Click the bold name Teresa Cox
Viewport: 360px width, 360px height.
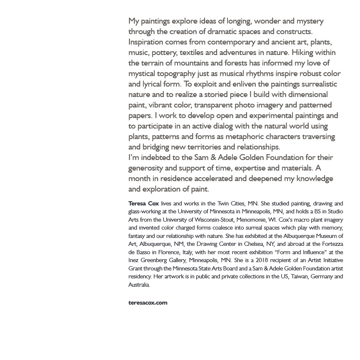pyautogui.click(x=143, y=204)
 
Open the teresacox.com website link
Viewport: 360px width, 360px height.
pyautogui.click(x=148, y=303)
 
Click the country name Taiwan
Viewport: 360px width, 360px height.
pyautogui.click(x=299, y=277)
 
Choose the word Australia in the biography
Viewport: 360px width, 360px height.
pyautogui.click(x=139, y=285)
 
